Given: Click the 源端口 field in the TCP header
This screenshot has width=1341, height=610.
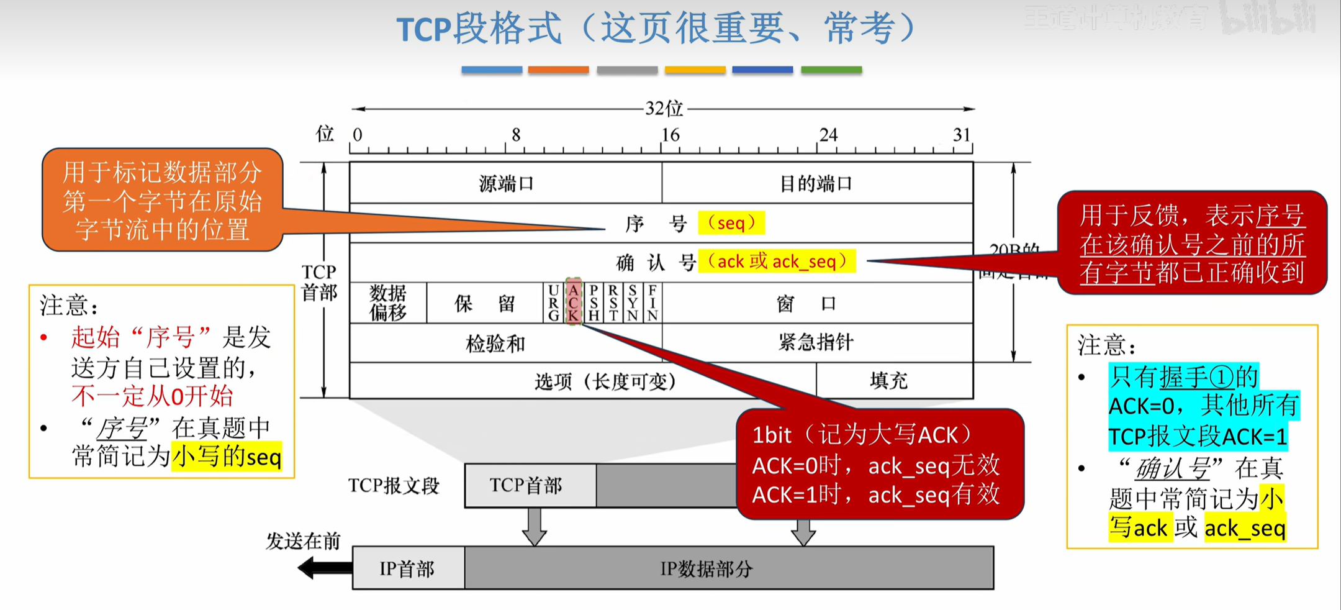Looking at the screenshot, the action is tap(505, 183).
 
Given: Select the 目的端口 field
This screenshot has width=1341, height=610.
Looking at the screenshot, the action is tap(816, 183).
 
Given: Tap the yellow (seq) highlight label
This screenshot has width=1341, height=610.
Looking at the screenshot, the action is tap(731, 222).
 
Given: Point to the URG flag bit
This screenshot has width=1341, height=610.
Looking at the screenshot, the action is tap(553, 303).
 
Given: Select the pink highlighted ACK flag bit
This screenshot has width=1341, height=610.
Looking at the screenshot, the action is tap(573, 303).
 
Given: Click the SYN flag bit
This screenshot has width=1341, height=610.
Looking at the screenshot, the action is tap(632, 303).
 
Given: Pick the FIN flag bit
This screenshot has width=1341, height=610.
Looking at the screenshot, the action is tap(652, 303).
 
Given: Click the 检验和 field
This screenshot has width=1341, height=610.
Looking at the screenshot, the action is tap(495, 343).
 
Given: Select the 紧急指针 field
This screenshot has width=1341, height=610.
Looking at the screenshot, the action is tap(816, 342).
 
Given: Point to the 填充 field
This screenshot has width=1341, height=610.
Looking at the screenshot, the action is tap(889, 380).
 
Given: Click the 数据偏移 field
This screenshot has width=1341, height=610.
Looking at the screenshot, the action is tap(388, 303).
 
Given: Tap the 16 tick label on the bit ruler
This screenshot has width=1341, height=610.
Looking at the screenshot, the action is tap(670, 135).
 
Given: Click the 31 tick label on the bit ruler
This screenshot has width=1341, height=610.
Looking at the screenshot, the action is tap(962, 135).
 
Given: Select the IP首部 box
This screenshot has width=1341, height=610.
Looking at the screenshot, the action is tap(408, 568).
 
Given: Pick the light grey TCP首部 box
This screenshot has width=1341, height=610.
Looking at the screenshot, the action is tap(526, 485).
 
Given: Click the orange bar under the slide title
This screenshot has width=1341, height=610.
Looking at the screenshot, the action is tap(558, 70).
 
